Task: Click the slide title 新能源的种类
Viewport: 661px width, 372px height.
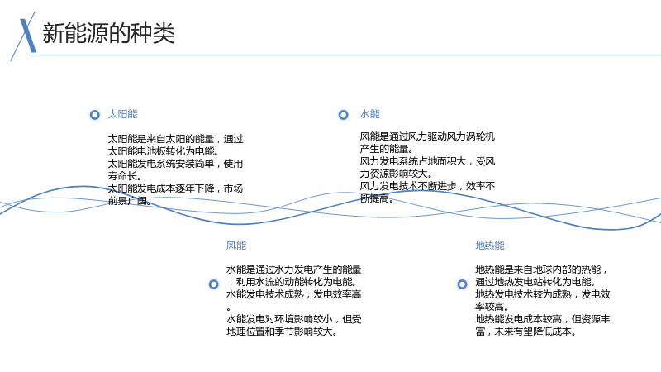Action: click(108, 33)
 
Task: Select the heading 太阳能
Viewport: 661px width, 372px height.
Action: click(122, 114)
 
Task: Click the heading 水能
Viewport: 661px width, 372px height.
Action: click(369, 114)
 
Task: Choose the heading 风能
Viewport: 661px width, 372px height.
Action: click(236, 246)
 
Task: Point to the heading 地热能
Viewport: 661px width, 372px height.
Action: click(490, 246)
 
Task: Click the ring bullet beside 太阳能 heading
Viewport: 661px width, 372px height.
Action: click(95, 115)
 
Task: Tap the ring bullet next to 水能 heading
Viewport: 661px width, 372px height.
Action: click(344, 115)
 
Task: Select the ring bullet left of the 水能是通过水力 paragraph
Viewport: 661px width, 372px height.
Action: click(214, 284)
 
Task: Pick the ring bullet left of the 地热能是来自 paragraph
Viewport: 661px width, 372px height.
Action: click(463, 284)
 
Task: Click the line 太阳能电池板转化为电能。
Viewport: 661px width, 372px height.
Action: click(164, 151)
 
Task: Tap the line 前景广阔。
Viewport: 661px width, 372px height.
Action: click(130, 201)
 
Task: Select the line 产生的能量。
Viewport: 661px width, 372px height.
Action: click(387, 149)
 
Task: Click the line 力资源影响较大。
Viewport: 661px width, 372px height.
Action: click(396, 174)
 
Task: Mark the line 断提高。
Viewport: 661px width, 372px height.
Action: click(377, 198)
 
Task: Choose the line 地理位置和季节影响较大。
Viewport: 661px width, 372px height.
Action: click(282, 331)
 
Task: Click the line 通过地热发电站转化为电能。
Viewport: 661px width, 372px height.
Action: click(535, 282)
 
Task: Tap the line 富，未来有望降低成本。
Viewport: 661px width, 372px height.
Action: click(525, 331)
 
